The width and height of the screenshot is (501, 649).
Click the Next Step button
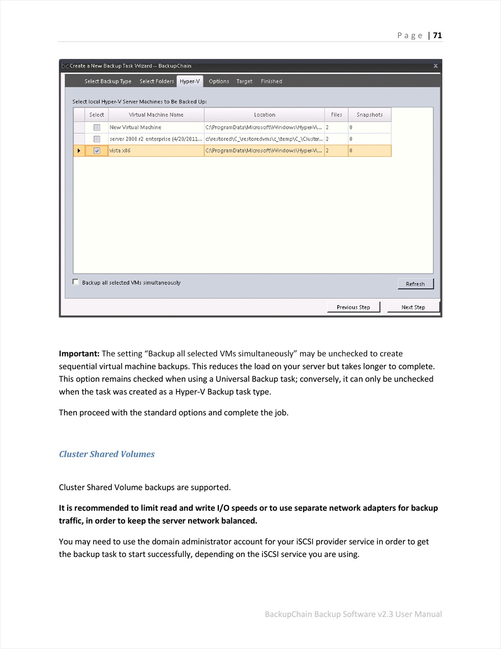coord(413,307)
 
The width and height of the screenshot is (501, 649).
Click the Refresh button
coord(415,284)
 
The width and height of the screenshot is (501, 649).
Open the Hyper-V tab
coord(190,81)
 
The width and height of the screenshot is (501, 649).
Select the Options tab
coord(219,81)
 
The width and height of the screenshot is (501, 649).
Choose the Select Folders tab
coord(157,81)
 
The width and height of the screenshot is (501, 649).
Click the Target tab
coord(244,81)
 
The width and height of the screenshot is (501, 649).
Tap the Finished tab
coord(271,81)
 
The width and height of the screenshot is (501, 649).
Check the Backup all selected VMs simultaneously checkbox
coord(76,282)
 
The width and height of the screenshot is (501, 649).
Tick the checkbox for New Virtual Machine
coord(97,127)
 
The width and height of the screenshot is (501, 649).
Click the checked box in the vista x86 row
coord(97,151)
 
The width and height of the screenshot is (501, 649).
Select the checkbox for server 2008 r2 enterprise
coord(97,139)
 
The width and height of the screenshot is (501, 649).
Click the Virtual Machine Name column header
coord(156,115)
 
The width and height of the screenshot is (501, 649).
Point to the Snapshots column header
coord(369,115)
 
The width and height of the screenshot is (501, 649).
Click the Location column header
coord(264,115)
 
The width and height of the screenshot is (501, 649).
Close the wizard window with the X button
coord(435,66)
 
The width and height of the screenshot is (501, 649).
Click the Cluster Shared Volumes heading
coord(107,454)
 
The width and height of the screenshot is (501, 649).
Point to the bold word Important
coord(79,354)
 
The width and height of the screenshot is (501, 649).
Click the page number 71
coord(437,36)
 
